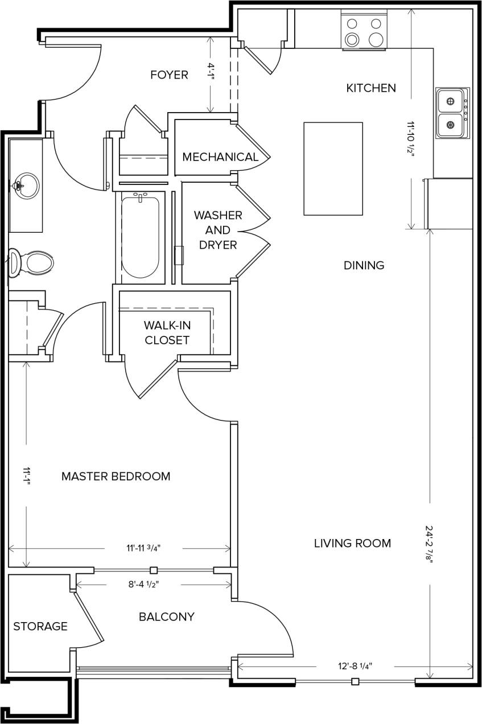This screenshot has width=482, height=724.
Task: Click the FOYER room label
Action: [x=169, y=75]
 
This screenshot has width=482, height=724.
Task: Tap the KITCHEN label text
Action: [x=371, y=88]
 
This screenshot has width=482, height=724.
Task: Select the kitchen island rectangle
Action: [x=333, y=168]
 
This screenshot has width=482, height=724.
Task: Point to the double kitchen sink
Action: [x=452, y=113]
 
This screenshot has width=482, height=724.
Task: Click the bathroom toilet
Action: [x=32, y=263]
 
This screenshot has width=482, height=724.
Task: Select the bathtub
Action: [x=140, y=237]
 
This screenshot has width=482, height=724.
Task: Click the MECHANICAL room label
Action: [x=220, y=157]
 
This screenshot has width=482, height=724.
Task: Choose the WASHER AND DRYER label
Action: [x=217, y=230]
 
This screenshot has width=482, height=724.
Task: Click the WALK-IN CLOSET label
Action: [x=167, y=333]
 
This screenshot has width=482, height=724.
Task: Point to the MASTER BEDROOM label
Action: [x=116, y=476]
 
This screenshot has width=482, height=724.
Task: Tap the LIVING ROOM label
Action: [x=352, y=543]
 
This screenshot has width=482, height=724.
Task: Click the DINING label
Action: [x=364, y=265]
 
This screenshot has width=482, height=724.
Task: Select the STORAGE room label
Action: [x=40, y=627]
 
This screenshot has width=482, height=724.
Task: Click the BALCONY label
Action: [x=167, y=616]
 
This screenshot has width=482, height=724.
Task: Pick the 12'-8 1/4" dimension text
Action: [x=355, y=666]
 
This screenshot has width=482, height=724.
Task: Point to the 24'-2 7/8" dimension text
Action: [x=429, y=544]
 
